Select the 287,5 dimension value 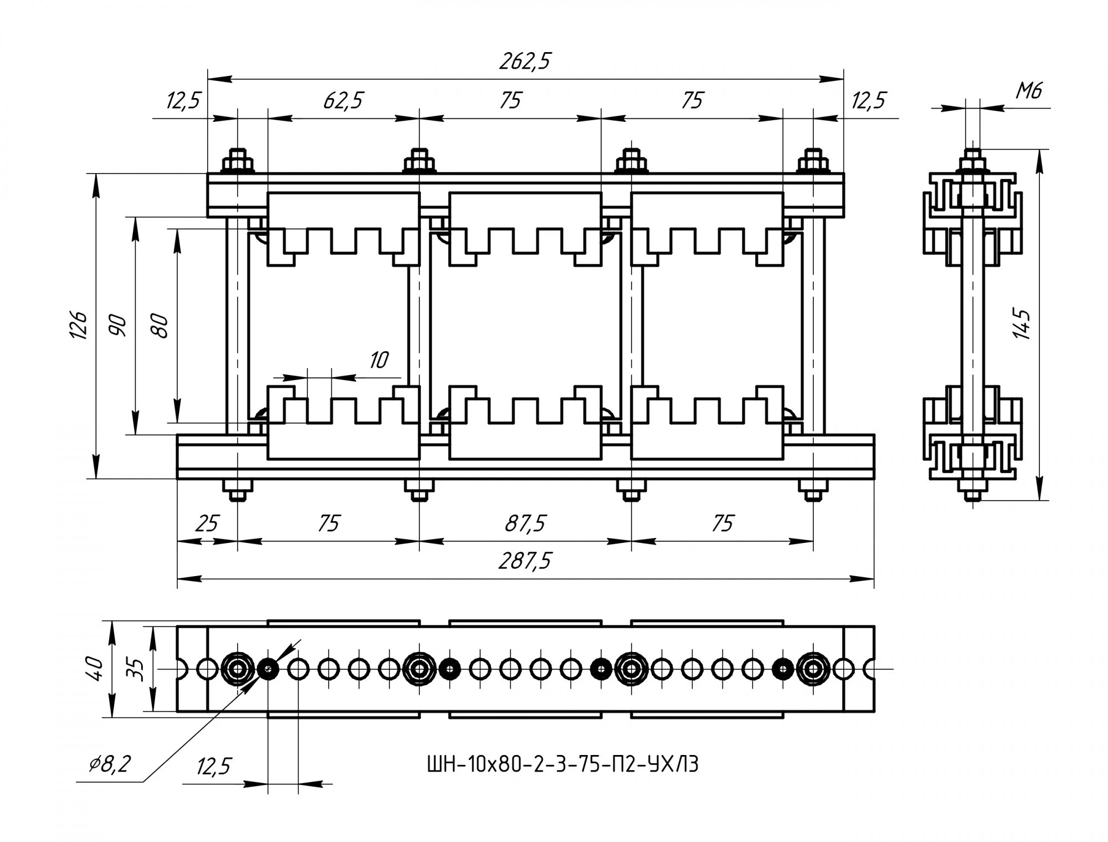525,561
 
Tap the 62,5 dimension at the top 343,100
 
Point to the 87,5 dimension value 525,523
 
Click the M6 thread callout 1028,90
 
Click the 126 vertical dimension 79,325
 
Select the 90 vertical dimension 118,325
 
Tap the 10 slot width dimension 379,360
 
